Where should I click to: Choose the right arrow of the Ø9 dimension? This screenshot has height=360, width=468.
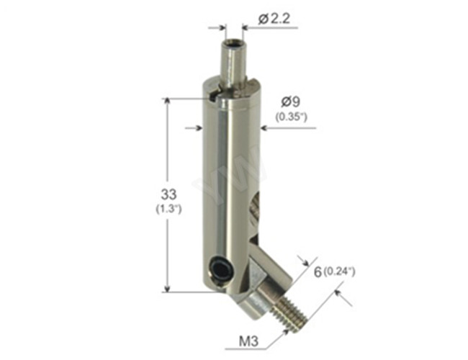coord(265,128)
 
